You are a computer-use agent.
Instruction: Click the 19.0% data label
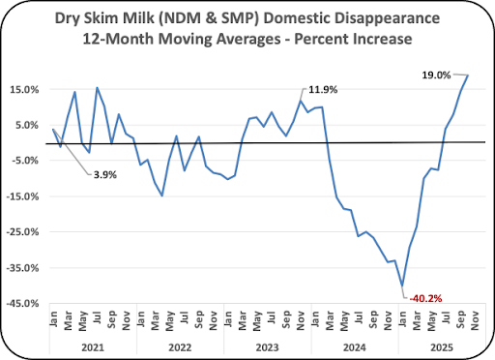pyautogui.click(x=436, y=75)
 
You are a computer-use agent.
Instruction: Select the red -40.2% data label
pyautogui.click(x=425, y=299)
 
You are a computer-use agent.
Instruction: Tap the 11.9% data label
pyautogui.click(x=323, y=90)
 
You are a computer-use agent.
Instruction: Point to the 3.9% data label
pyautogui.click(x=105, y=175)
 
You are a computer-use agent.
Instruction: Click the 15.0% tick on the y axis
pyautogui.click(x=24, y=90)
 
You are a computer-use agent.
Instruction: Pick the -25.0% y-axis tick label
pyautogui.click(x=22, y=232)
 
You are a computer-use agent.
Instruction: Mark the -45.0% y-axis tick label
pyautogui.click(x=22, y=303)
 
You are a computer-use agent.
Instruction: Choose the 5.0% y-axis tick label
pyautogui.click(x=27, y=125)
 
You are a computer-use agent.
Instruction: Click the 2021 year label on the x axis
pyautogui.click(x=93, y=347)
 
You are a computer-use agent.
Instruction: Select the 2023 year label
pyautogui.click(x=267, y=347)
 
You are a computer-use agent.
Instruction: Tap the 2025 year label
pyautogui.click(x=442, y=347)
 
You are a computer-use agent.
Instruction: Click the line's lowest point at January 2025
pyautogui.click(x=402, y=285)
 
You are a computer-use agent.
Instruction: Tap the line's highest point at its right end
pyautogui.click(x=468, y=75)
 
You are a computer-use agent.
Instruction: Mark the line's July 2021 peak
pyautogui.click(x=97, y=88)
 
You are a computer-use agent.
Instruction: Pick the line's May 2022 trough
pyautogui.click(x=162, y=195)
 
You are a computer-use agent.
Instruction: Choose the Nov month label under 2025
pyautogui.click(x=475, y=321)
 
